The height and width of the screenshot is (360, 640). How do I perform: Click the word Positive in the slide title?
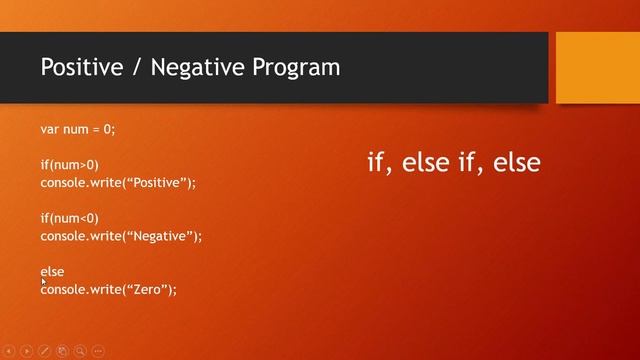(x=78, y=67)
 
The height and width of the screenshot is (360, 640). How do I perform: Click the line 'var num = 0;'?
(x=78, y=129)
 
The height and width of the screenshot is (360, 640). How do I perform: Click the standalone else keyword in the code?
(x=52, y=271)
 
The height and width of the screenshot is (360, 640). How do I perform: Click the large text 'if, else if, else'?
(x=454, y=162)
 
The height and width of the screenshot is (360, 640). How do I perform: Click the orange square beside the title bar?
(x=596, y=67)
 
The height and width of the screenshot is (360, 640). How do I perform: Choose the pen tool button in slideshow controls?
(x=44, y=351)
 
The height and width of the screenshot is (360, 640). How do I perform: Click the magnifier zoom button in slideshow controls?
(x=80, y=351)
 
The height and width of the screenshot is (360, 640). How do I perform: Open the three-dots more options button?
(x=98, y=351)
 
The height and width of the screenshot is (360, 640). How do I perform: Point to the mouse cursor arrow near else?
(x=43, y=283)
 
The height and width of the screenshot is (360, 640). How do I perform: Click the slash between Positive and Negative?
(x=126, y=67)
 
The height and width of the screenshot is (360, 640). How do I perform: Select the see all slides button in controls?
(x=62, y=351)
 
